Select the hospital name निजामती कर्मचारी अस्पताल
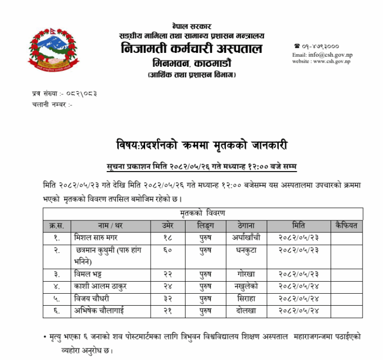191,50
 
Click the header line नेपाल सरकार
191,26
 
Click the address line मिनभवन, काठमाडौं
192,64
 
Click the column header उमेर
168,225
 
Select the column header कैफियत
347,225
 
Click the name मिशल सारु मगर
96,237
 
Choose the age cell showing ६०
168,250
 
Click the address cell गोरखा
246,274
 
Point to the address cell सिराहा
246,298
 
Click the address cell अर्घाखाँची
246,237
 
